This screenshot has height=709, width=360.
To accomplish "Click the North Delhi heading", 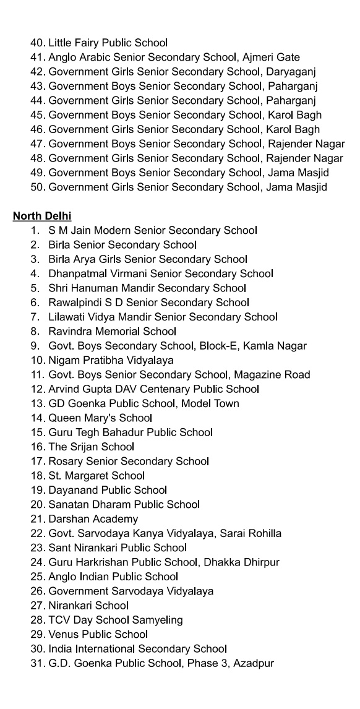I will point(42,216).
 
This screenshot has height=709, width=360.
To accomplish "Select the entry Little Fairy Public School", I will point(108,43).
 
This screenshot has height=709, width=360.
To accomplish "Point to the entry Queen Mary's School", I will point(100,418).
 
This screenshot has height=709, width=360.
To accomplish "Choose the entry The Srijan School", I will point(91,447).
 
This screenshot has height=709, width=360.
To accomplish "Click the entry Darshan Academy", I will point(93,518).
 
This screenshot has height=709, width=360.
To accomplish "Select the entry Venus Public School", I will point(98,634).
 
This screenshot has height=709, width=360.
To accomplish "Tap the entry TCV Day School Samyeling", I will point(115,619).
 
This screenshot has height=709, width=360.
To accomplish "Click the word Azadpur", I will point(254,663).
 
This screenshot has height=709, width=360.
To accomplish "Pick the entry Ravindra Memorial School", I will point(112,331).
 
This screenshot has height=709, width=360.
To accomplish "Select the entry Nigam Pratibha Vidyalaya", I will point(111,360).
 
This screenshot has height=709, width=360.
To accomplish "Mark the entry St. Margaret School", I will point(96,475).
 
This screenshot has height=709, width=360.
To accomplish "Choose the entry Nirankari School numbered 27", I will point(88,605).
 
